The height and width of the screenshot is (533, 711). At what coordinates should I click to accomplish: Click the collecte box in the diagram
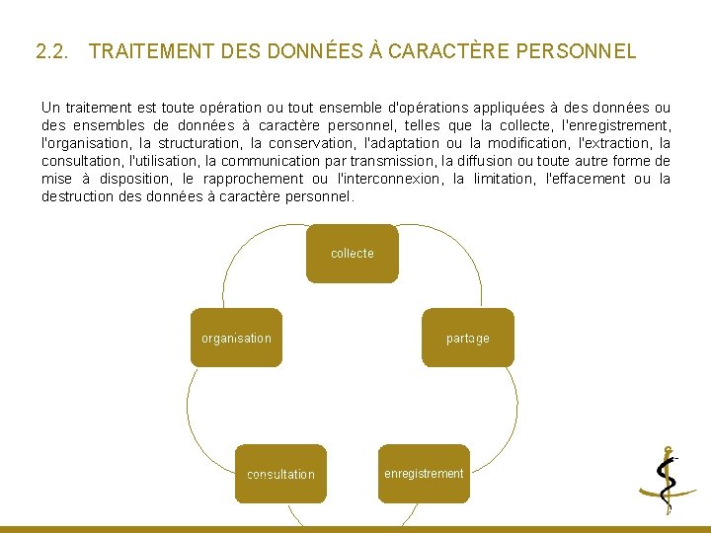coord(352,254)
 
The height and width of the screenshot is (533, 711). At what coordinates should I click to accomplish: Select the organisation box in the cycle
coord(236,338)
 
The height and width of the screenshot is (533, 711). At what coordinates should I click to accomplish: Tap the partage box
coord(467,338)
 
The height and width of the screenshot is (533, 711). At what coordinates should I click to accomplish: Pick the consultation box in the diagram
coord(280,474)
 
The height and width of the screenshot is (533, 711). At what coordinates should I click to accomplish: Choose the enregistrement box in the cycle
coord(424,474)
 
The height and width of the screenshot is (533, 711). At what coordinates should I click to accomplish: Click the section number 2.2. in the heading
coord(51,51)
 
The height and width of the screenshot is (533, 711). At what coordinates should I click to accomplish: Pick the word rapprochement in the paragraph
coord(253,179)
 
